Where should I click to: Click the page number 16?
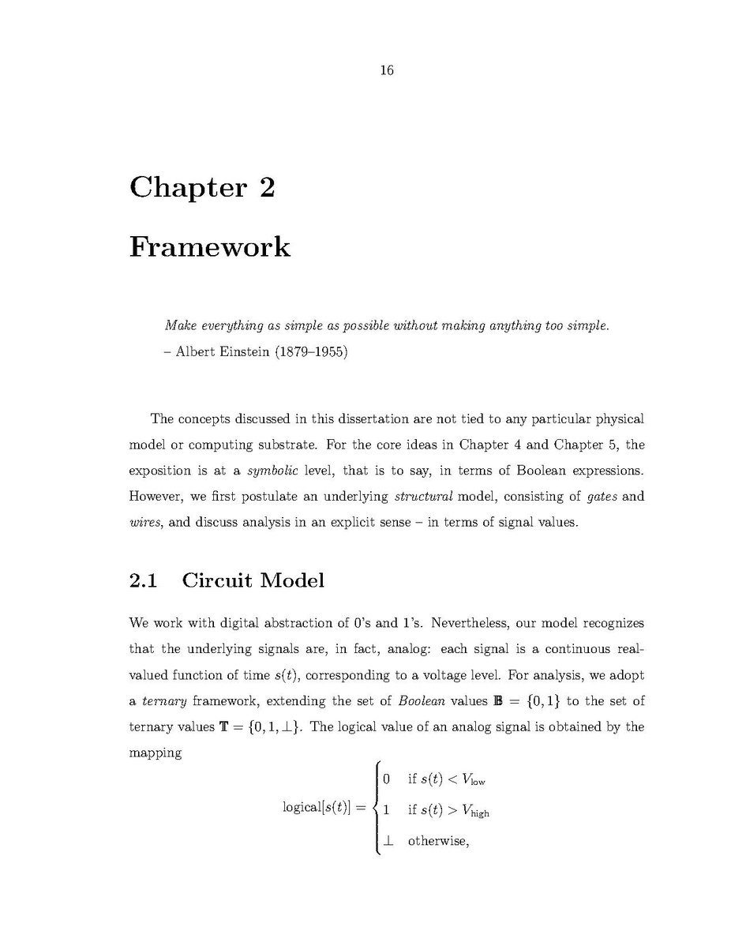pyautogui.click(x=386, y=71)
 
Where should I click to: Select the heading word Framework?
pyautogui.click(x=210, y=247)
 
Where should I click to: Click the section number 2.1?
pyautogui.click(x=143, y=580)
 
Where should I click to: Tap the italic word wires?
pyautogui.click(x=144, y=523)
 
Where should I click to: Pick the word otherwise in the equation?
pyautogui.click(x=438, y=840)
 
